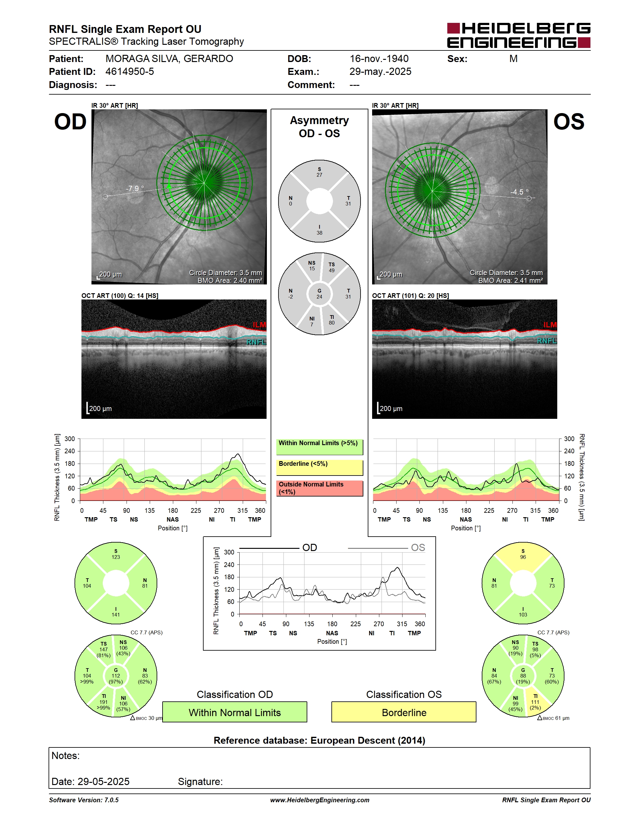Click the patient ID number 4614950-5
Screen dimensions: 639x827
click(x=129, y=71)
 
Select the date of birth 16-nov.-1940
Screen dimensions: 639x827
click(x=379, y=59)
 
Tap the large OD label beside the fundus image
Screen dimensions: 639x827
click(x=70, y=122)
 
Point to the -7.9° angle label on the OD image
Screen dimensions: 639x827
click(x=135, y=188)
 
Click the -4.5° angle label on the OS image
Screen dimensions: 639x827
click(x=519, y=192)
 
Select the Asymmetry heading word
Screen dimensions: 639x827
click(x=319, y=120)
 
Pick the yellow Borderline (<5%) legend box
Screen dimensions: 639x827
click(x=319, y=468)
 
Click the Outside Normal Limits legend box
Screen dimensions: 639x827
click(x=319, y=488)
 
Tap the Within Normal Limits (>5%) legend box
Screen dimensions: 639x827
click(x=319, y=447)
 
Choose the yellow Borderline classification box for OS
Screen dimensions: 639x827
click(x=404, y=712)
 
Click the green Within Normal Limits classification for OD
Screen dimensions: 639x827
click(x=235, y=712)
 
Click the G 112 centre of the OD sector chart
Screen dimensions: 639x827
click(x=116, y=676)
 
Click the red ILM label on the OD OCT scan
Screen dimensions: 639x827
click(x=259, y=325)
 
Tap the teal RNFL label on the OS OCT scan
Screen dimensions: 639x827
click(x=547, y=341)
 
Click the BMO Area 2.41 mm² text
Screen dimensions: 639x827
click(x=510, y=281)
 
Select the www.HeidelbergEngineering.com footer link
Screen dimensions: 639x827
click(x=319, y=800)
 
